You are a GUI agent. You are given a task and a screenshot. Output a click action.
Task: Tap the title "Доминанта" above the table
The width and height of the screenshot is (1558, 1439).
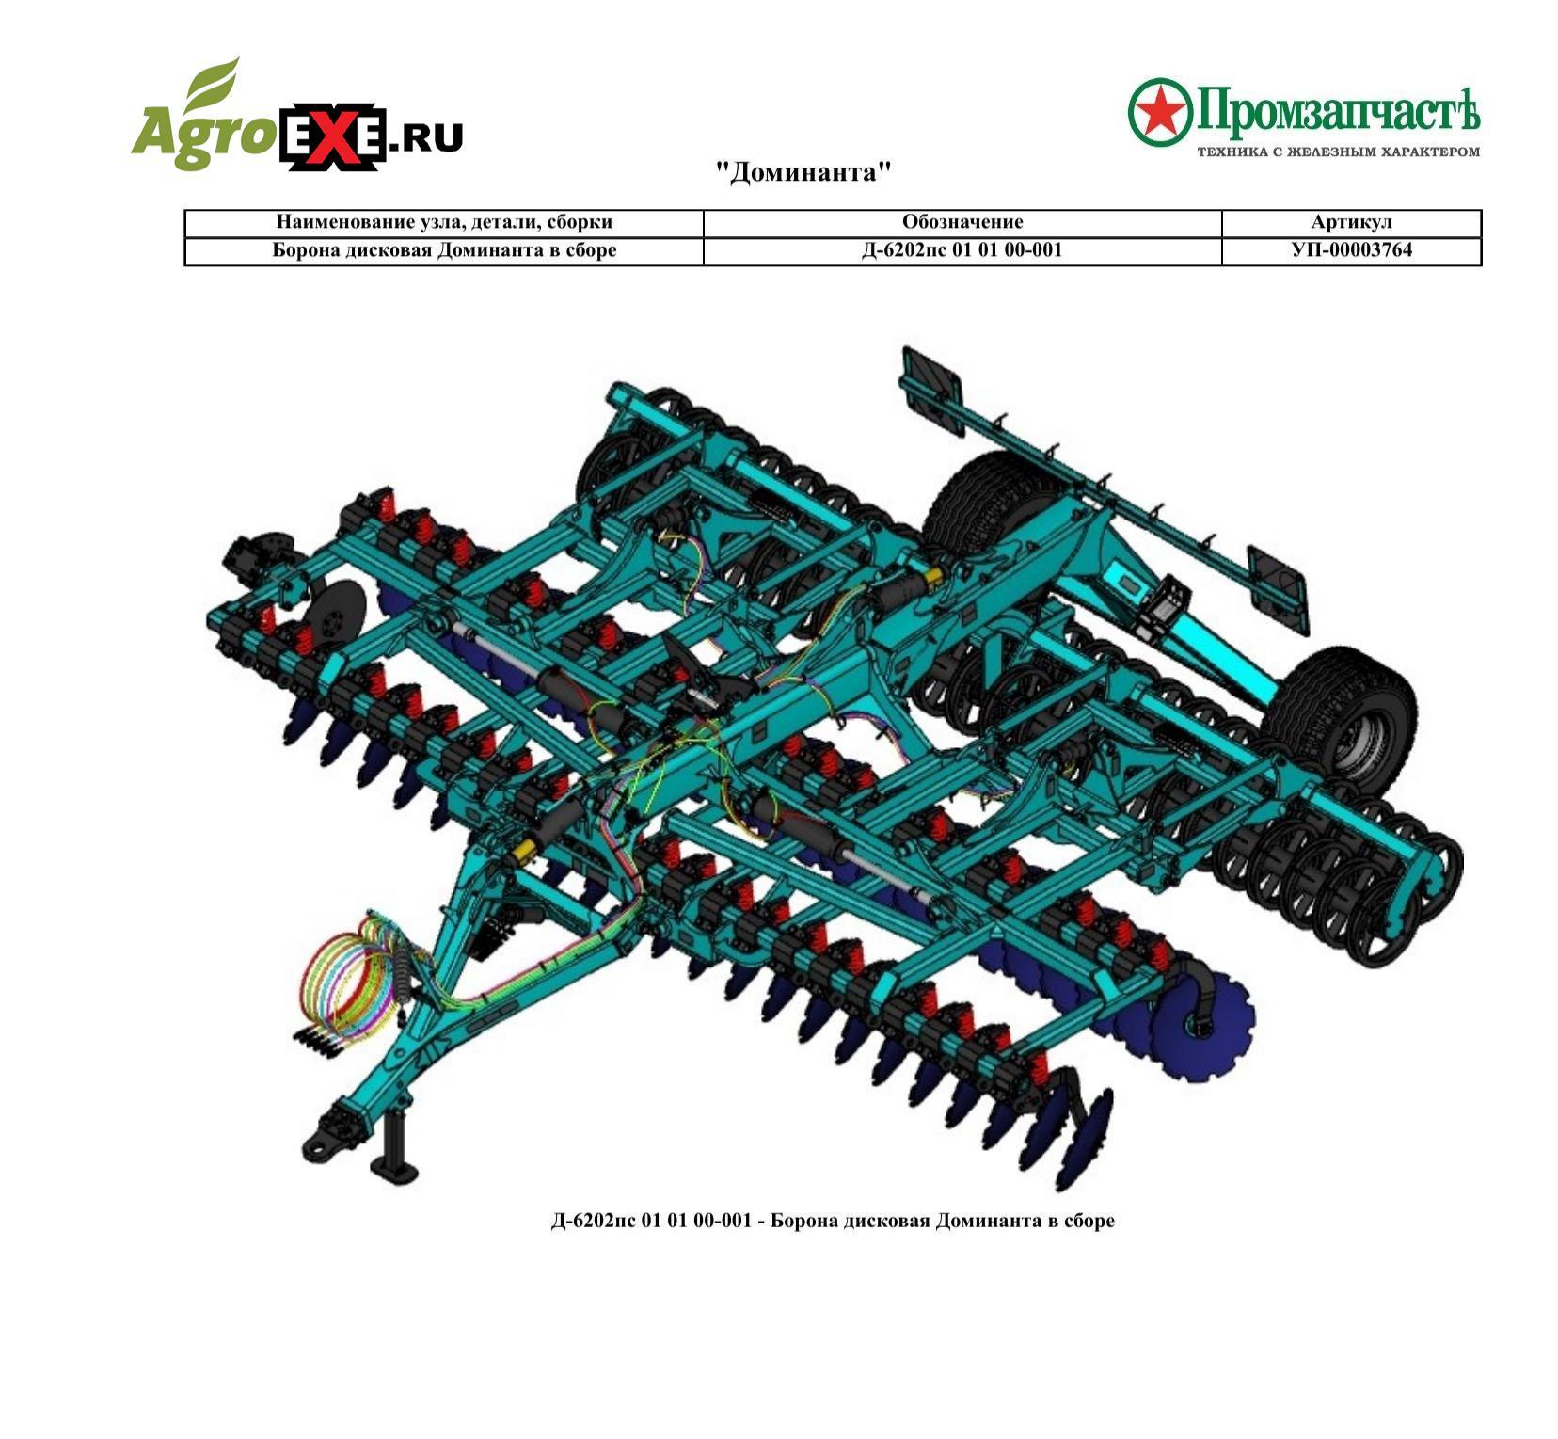coord(803,172)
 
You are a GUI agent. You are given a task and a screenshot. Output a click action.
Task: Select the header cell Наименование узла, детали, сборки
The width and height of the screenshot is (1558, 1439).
coord(444,222)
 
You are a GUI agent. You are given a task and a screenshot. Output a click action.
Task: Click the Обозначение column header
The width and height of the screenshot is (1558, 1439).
coord(962,222)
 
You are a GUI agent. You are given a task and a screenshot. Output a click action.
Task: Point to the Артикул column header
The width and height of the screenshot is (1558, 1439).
coord(1352,222)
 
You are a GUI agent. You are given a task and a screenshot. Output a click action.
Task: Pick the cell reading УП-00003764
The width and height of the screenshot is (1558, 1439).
coord(1352,250)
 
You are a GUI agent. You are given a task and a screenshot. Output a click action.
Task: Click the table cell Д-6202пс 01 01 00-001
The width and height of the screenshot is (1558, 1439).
coord(962,250)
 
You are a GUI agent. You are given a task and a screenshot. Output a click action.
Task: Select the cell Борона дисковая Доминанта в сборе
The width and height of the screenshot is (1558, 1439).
coord(444,250)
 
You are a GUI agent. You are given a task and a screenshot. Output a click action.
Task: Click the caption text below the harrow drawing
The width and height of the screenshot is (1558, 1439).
coord(833,1221)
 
